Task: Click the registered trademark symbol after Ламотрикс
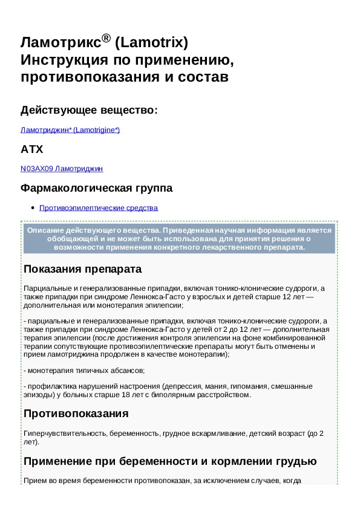[106, 39]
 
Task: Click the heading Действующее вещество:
[89, 110]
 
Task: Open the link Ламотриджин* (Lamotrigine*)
[70, 129]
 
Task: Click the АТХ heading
[31, 149]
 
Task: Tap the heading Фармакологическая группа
[96, 188]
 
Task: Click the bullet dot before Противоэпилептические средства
[31, 208]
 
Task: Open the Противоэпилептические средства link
[98, 208]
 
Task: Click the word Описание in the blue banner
[47, 230]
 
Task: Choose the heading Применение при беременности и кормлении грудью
[169, 461]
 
